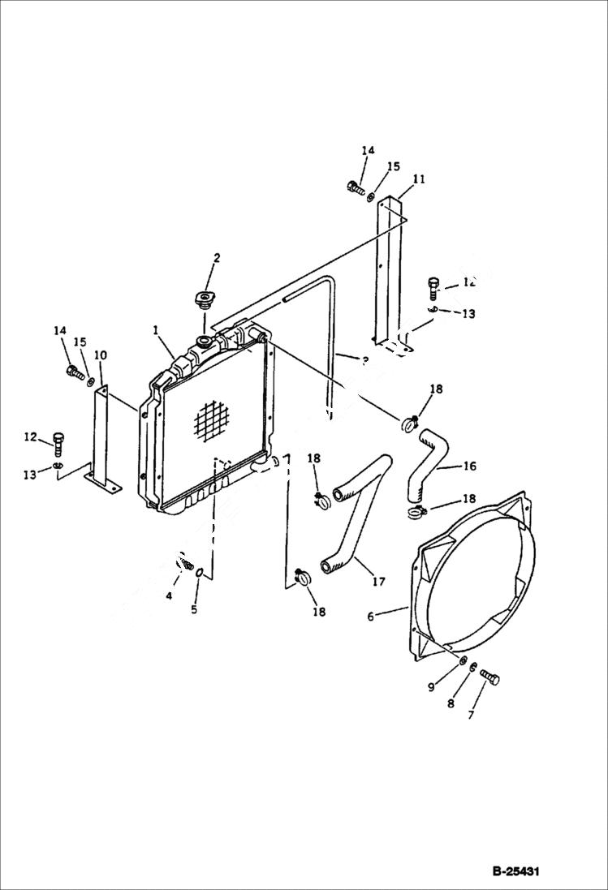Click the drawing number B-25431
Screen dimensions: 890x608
click(x=515, y=872)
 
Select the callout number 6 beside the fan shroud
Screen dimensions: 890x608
click(x=370, y=617)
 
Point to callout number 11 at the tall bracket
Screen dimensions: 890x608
click(x=419, y=179)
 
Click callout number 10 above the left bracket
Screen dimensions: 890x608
click(x=101, y=355)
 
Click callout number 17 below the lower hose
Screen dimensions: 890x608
click(x=379, y=582)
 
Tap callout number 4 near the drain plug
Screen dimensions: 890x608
click(x=169, y=596)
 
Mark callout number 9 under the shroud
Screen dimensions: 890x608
click(x=432, y=688)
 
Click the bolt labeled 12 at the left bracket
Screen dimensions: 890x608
click(x=58, y=441)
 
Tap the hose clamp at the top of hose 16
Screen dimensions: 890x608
click(x=410, y=421)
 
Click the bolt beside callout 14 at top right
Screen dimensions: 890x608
click(x=354, y=187)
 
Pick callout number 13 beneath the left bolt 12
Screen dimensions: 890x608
click(x=30, y=475)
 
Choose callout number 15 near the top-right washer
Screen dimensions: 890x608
click(x=393, y=166)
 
